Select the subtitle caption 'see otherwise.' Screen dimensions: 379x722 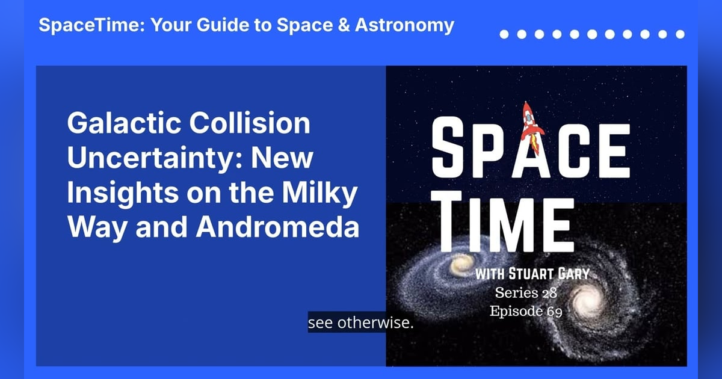361,322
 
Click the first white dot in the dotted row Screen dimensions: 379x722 504,34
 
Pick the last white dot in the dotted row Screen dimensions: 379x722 680,34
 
